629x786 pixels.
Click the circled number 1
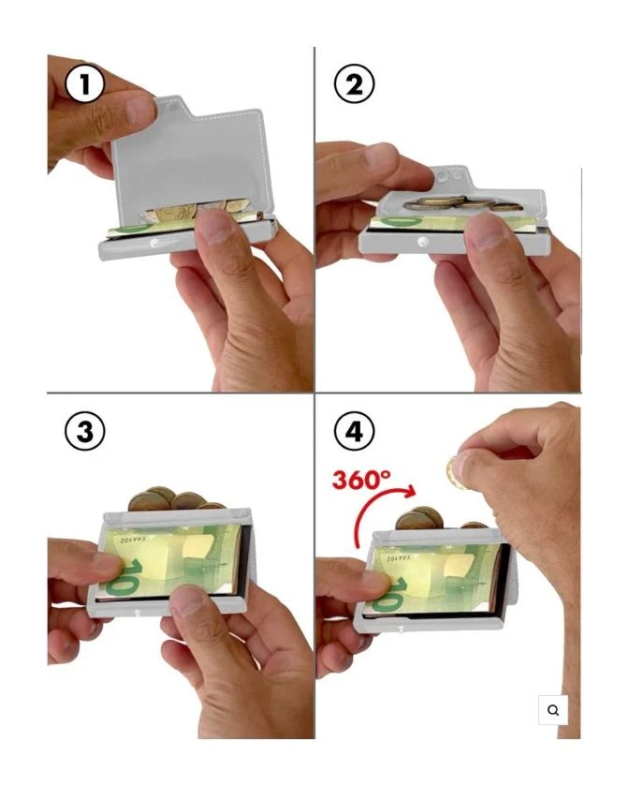(84, 83)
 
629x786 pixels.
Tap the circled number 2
(354, 83)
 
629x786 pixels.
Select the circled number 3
(84, 431)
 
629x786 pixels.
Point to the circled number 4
(354, 431)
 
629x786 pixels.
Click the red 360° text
(361, 480)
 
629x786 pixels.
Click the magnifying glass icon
(553, 710)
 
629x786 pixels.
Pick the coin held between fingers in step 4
(457, 473)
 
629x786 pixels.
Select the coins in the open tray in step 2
(462, 203)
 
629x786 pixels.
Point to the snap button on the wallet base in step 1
(154, 244)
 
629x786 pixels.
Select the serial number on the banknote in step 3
(133, 541)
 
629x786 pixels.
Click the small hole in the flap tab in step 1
(173, 107)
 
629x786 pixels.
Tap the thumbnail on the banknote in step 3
(187, 600)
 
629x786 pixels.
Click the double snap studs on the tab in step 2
(449, 176)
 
